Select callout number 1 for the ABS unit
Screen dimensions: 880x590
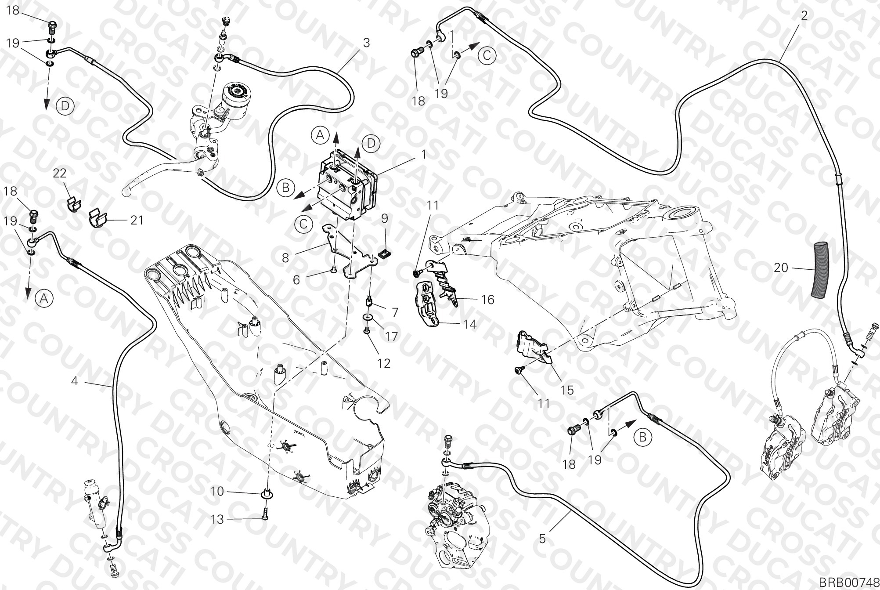(x=424, y=155)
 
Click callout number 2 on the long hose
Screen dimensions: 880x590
(x=804, y=15)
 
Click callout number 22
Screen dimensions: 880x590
(x=60, y=174)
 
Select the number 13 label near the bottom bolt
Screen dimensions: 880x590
(x=218, y=519)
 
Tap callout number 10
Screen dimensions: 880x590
(x=217, y=492)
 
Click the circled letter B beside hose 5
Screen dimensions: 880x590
(x=642, y=438)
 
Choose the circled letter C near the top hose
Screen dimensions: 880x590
(x=487, y=56)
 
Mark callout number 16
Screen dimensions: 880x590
(x=488, y=300)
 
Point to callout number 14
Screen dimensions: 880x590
(x=470, y=324)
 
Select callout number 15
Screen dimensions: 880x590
(x=567, y=390)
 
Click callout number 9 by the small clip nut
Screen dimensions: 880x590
(x=385, y=217)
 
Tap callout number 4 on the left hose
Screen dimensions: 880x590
(x=75, y=381)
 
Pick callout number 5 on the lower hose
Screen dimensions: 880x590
(x=542, y=538)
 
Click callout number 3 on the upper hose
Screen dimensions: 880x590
(x=366, y=43)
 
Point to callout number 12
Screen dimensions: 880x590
(x=384, y=363)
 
